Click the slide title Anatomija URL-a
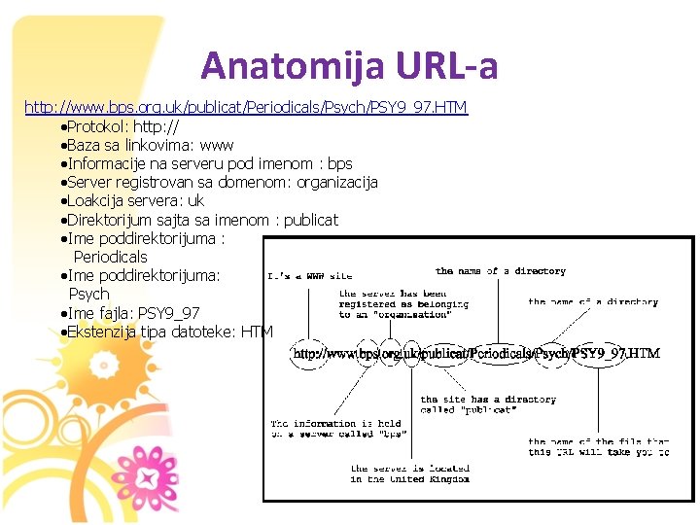[x=349, y=66]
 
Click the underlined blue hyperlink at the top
[x=246, y=107]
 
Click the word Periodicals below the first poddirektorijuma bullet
[x=111, y=257]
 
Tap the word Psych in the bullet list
[x=89, y=294]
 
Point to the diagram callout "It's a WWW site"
[x=310, y=276]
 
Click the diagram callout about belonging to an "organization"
[x=403, y=303]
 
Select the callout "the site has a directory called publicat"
[x=488, y=404]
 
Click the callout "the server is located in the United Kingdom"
[x=409, y=473]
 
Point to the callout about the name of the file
[x=597, y=447]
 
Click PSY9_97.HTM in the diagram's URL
[x=615, y=354]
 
